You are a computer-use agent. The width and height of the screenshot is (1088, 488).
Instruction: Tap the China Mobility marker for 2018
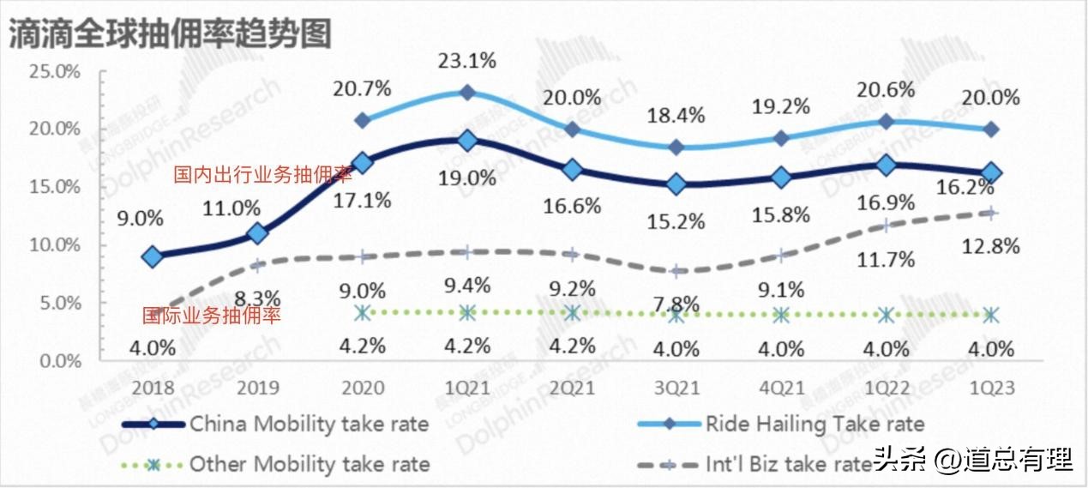point(153,256)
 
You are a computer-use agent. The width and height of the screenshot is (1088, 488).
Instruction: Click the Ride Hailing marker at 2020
point(363,120)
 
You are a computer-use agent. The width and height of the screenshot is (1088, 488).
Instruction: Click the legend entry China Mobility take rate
point(309,423)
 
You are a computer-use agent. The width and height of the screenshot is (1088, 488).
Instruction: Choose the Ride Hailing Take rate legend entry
point(814,423)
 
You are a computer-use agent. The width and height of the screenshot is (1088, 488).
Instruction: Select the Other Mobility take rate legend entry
point(309,465)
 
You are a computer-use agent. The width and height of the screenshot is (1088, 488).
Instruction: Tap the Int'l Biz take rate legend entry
point(789,465)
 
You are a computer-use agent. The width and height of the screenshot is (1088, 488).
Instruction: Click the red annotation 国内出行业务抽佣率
point(263,176)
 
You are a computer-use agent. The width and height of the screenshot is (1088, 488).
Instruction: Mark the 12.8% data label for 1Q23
point(990,248)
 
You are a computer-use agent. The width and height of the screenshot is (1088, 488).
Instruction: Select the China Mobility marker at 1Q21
point(467,140)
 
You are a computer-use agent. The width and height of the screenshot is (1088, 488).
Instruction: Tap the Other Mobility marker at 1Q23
point(991,315)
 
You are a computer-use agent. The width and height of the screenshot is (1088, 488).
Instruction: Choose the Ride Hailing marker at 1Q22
point(887,122)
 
